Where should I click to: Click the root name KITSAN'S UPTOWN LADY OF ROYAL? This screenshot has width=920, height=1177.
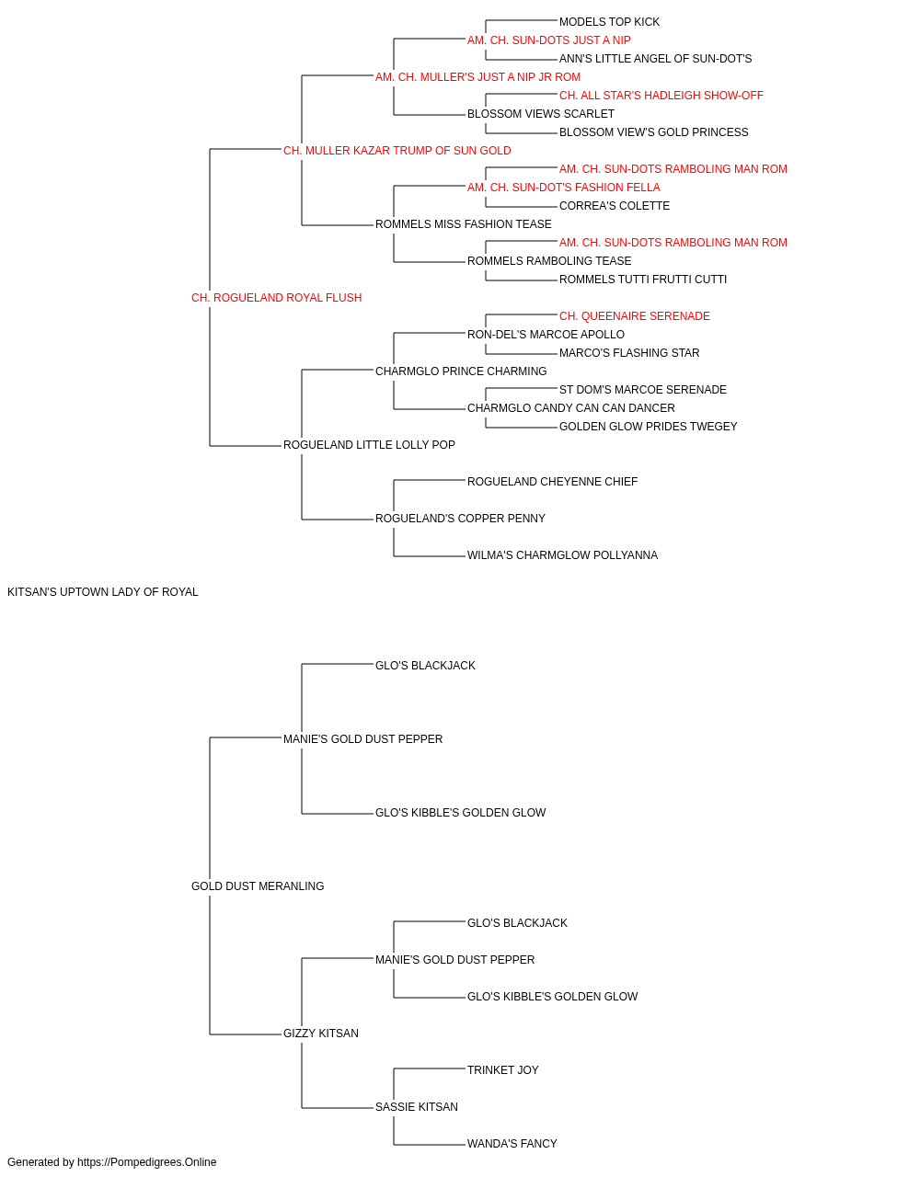pos(102,592)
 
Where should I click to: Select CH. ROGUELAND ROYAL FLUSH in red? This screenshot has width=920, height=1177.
pos(276,298)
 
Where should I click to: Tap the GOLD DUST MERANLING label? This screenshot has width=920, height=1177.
pos(258,886)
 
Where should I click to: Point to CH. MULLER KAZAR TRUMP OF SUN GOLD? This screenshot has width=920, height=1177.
pos(397,151)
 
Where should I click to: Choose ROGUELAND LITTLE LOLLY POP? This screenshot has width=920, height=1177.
pos(369,445)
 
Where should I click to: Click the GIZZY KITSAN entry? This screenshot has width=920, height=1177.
pos(321,1033)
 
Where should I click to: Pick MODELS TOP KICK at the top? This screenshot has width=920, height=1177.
pos(609,22)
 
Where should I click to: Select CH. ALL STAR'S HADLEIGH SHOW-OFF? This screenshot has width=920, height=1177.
pos(661,96)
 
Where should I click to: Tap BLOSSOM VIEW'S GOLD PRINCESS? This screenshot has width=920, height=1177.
pos(653,132)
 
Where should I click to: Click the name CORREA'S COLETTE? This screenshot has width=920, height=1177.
pos(615,206)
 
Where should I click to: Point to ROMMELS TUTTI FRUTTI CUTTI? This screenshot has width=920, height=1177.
pos(642,280)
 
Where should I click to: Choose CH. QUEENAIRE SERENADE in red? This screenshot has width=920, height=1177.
pos(635,316)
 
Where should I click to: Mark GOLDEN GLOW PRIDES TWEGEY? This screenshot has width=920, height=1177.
pos(648,427)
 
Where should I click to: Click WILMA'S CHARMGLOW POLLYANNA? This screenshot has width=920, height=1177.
pos(562,555)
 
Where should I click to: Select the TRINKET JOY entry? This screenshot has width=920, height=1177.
pos(503,1069)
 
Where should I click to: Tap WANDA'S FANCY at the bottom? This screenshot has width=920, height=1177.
pos(512,1143)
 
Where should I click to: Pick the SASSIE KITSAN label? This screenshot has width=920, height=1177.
pos(416,1106)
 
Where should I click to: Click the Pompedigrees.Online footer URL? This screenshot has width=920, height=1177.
pos(146,1162)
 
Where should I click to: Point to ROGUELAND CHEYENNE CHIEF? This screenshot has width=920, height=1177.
pos(552,482)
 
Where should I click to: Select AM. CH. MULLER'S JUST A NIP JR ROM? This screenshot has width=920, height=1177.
pos(477,77)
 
